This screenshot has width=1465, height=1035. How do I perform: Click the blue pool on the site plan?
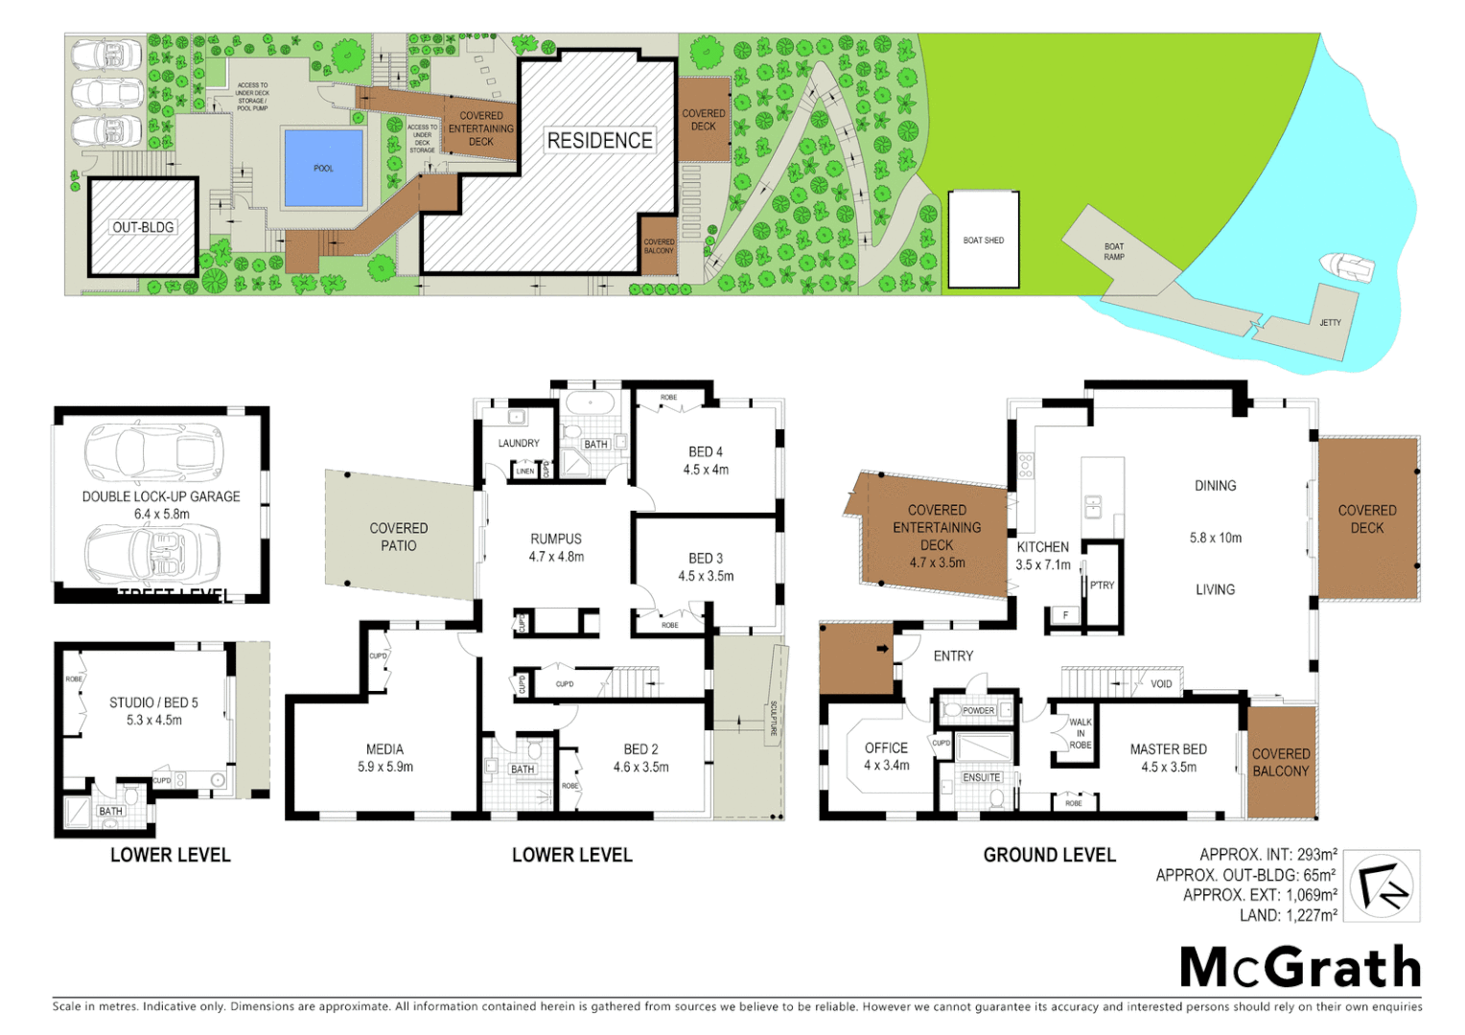point(324,168)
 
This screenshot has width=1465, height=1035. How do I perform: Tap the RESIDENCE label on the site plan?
point(599,140)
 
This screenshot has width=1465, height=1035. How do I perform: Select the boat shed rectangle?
point(983,240)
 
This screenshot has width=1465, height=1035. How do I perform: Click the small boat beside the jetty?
point(1347,266)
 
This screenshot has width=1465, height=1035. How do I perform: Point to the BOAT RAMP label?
point(1113,251)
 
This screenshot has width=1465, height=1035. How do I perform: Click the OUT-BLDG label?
point(143,227)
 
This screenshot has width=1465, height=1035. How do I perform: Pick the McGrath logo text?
point(1299,967)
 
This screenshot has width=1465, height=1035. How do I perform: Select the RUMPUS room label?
point(556,539)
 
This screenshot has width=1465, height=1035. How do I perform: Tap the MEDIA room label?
point(384,749)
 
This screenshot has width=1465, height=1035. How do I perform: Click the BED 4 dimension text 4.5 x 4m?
point(706,470)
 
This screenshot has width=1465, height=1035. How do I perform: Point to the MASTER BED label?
point(1168,749)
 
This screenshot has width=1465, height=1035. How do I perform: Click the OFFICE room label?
point(886,747)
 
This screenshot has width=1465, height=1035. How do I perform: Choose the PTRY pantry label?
point(1102,586)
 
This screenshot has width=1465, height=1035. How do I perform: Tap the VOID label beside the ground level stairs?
point(1161,684)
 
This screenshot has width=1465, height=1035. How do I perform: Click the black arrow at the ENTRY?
point(882,649)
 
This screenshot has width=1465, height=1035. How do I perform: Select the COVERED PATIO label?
point(399,537)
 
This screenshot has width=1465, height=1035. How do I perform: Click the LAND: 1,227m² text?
point(1288,915)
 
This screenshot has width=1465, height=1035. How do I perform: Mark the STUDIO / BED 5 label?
point(153,702)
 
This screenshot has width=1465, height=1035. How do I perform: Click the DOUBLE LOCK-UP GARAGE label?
point(161,496)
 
